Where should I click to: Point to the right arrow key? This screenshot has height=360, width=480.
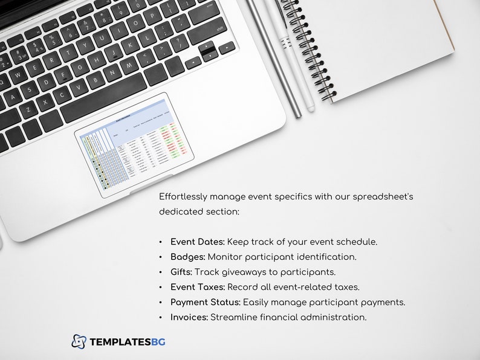pyautogui.click(x=227, y=47)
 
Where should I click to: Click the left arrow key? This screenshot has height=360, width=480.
pyautogui.click(x=192, y=61)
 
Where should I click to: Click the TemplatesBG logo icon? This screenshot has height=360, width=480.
pyautogui.click(x=79, y=341)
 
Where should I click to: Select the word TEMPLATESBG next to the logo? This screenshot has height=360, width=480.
pyautogui.click(x=127, y=342)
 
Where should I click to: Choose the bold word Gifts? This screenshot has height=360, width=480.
pyautogui.click(x=181, y=272)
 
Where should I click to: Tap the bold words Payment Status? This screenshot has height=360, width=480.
pyautogui.click(x=205, y=302)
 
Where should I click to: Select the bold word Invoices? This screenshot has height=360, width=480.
pyautogui.click(x=189, y=317)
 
